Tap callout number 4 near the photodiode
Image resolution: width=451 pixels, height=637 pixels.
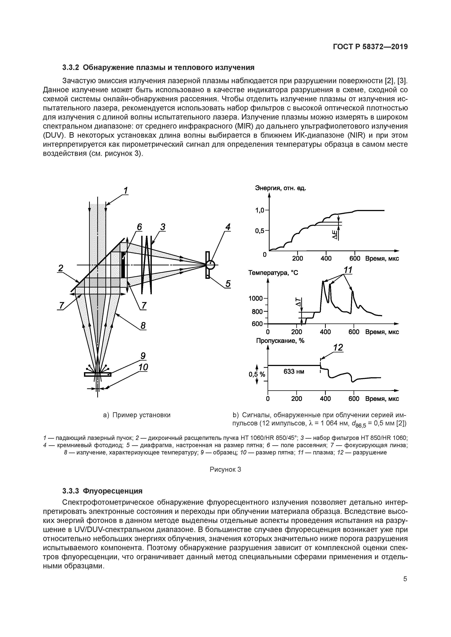(x=228, y=227)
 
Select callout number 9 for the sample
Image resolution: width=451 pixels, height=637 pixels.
(x=143, y=356)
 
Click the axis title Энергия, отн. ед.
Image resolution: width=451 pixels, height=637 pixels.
(x=280, y=188)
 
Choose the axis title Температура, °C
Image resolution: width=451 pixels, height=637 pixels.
(x=273, y=273)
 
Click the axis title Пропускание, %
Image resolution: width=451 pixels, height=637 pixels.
(x=280, y=341)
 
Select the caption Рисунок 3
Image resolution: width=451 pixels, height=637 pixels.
(x=225, y=469)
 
